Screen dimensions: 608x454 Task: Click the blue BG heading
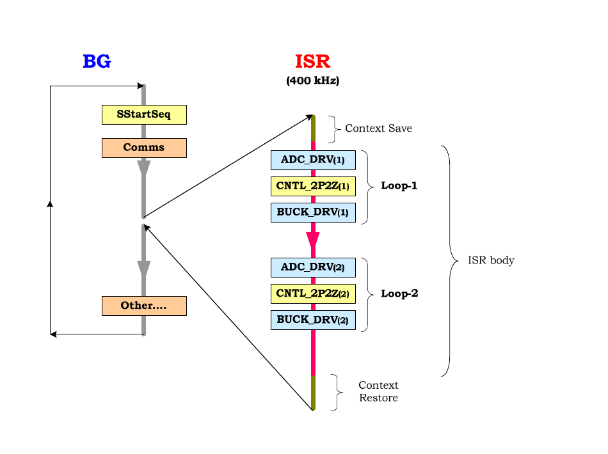[97, 61]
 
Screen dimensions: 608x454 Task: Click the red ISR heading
[312, 61]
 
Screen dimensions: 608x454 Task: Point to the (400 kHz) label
[312, 81]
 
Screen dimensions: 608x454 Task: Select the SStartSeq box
[144, 114]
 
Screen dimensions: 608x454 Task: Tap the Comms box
[144, 148]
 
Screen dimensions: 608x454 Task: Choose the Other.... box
[144, 306]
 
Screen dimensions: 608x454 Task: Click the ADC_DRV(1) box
[313, 160]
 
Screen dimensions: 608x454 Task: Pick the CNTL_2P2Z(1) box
[313, 186]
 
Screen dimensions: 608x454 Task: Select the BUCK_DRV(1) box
[313, 213]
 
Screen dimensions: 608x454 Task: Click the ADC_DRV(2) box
[313, 268]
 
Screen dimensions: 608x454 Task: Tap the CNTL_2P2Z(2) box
[313, 294]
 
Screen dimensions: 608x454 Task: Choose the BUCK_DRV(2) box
[313, 320]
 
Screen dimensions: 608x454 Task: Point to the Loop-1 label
[399, 185]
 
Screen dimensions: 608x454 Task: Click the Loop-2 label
[399, 294]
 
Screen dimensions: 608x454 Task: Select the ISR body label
[492, 260]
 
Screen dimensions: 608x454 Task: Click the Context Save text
[378, 129]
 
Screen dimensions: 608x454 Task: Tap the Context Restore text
[378, 391]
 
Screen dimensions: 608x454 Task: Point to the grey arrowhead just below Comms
[144, 168]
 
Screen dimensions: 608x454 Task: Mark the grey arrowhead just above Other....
[144, 269]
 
